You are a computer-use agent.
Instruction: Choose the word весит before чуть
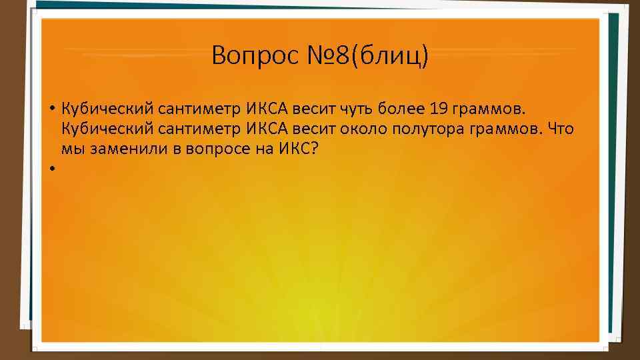tap(316, 108)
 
